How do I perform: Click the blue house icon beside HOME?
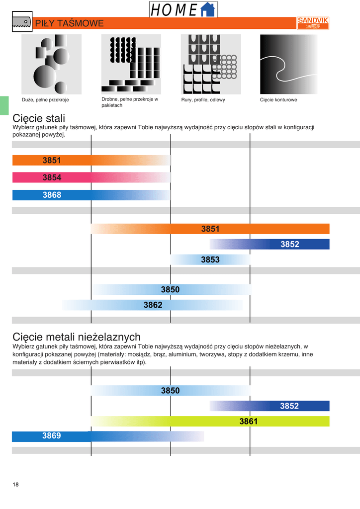(x=208, y=9)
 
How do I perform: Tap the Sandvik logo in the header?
(x=313, y=23)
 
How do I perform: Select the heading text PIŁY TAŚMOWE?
(x=70, y=23)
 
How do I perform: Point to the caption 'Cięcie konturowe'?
(x=278, y=100)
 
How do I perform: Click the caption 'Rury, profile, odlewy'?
(x=203, y=100)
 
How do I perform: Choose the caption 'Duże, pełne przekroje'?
(x=45, y=100)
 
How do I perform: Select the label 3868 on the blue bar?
(x=52, y=195)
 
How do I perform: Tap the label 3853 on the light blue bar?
(x=210, y=259)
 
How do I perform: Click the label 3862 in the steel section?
(x=153, y=305)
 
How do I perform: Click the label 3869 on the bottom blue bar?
(x=51, y=436)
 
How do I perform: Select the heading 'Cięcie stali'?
(x=39, y=118)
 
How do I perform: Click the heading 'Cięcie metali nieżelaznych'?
(x=77, y=337)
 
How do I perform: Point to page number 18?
(x=16, y=485)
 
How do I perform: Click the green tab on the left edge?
(x=4, y=105)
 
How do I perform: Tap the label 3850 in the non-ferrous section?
(x=170, y=391)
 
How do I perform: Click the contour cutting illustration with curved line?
(x=289, y=64)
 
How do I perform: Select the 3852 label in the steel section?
(x=289, y=244)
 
